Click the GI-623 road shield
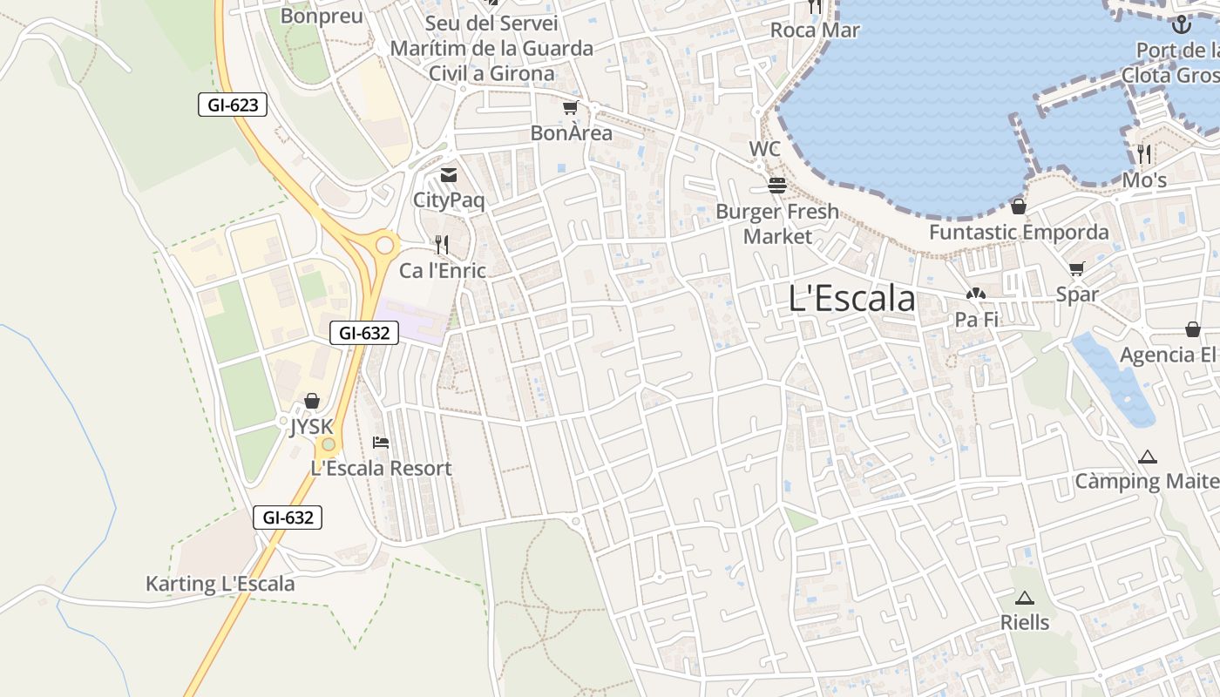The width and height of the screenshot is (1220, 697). click(232, 105)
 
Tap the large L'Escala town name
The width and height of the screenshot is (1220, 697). click(851, 299)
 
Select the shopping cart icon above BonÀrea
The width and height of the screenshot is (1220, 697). click(570, 107)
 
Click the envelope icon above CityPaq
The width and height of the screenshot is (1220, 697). click(448, 175)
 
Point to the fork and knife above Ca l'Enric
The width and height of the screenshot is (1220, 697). click(442, 245)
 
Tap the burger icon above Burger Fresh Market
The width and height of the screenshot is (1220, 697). click(776, 186)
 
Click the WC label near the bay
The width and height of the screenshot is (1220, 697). click(765, 149)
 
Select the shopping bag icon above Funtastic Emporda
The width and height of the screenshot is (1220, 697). click(1018, 206)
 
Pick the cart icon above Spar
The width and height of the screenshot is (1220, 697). click(1077, 268)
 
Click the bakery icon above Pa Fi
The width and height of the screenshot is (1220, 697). click(976, 294)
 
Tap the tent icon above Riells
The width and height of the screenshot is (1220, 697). click(1024, 598)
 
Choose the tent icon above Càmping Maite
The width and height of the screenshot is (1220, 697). click(1148, 457)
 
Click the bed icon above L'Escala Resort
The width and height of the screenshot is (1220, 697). click(381, 443)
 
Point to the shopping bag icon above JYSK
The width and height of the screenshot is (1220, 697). click(311, 401)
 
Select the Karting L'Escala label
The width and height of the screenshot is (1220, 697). click(220, 584)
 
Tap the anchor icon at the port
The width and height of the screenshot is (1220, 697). click(1182, 24)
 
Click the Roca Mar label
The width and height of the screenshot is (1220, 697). click(815, 30)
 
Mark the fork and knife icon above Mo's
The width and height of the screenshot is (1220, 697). click(1144, 154)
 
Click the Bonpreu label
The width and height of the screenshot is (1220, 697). click(322, 16)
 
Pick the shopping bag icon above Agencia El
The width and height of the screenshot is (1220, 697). click(1192, 329)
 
